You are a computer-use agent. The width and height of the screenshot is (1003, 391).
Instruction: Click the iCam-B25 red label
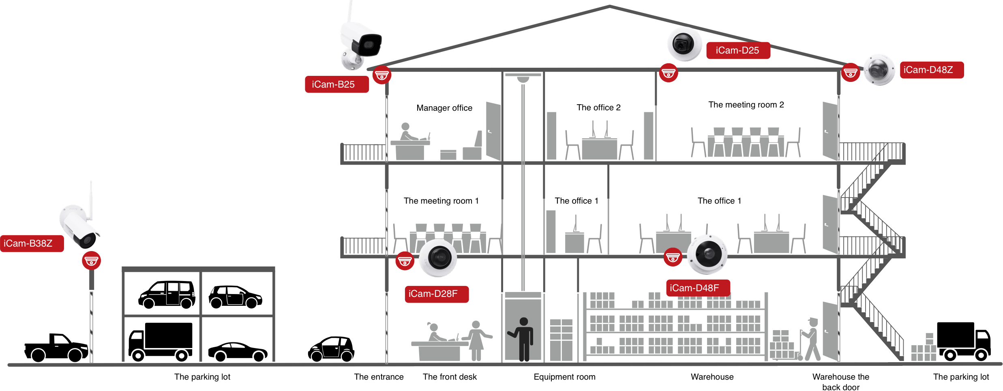click(x=336, y=84)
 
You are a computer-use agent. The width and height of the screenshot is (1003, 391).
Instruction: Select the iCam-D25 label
click(x=738, y=50)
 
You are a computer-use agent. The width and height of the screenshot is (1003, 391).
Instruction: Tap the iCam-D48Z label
click(x=932, y=70)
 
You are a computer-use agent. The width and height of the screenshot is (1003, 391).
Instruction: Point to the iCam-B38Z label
click(x=32, y=243)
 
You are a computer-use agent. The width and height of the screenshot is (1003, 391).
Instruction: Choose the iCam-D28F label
click(x=436, y=294)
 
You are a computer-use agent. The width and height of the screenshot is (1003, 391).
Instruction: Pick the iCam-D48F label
click(x=698, y=288)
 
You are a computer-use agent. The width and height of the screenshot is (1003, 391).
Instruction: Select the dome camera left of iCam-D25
click(x=684, y=44)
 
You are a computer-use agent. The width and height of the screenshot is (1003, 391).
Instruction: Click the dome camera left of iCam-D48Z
click(x=879, y=70)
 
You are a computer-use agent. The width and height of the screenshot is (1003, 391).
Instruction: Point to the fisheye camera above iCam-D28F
click(x=438, y=258)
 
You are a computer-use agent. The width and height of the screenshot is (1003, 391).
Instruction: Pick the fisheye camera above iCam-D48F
click(x=707, y=254)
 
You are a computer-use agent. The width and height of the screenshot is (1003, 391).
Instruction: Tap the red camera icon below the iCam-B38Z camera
click(x=91, y=261)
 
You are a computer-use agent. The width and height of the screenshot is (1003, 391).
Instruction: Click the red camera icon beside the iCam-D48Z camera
click(x=850, y=73)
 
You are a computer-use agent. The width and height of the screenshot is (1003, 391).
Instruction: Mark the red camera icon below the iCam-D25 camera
click(x=668, y=73)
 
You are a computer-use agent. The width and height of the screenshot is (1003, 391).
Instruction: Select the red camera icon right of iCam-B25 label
click(x=381, y=75)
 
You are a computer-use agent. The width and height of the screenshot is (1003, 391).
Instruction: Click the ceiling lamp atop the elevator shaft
click(x=523, y=79)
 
